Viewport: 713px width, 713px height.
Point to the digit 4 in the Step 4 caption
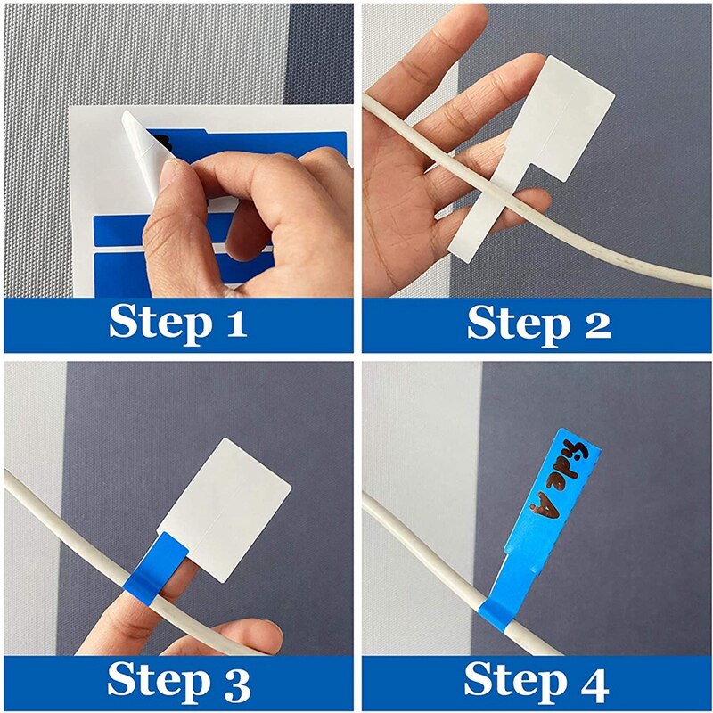pyautogui.click(x=592, y=682)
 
